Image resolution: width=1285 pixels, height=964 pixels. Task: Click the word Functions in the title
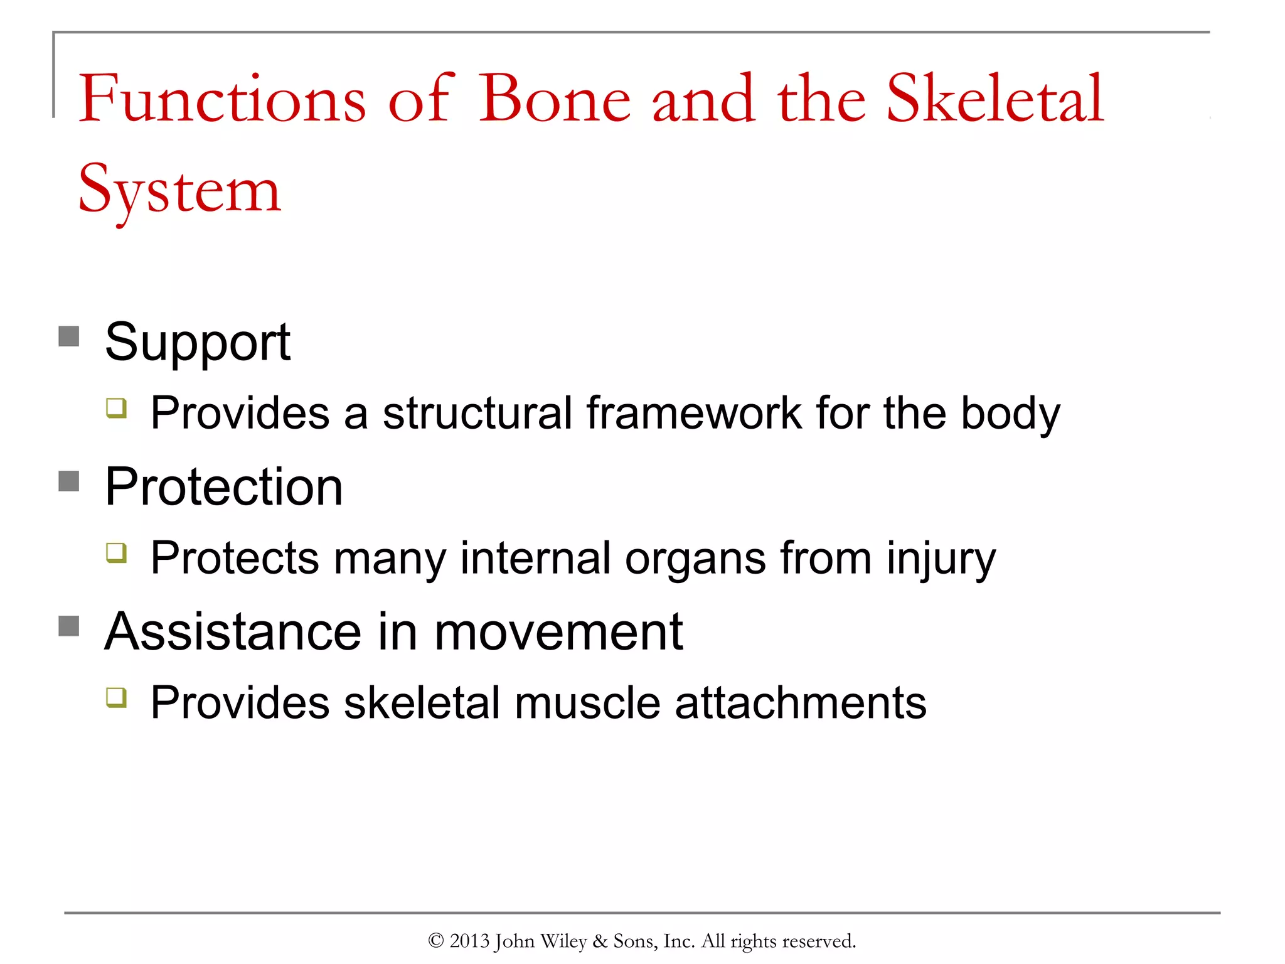221,99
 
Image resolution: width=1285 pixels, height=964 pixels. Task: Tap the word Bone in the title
555,99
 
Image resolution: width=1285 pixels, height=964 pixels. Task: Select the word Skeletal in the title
995,99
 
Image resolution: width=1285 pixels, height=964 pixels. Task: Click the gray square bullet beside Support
69,336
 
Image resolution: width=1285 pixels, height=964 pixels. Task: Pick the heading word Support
197,343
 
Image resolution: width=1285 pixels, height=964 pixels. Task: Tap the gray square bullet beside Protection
69,481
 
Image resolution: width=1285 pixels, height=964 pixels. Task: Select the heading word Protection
223,487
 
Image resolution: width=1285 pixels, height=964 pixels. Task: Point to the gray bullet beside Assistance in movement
69,626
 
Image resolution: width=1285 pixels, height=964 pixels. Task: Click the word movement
558,631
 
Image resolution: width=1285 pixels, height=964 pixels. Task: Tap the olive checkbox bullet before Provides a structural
117,408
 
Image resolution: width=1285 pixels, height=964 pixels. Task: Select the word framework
694,413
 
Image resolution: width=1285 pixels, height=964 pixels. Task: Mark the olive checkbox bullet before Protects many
117,553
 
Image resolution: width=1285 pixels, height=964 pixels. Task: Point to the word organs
695,559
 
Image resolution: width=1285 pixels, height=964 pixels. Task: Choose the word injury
941,559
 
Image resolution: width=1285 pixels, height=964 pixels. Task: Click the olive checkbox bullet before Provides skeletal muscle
117,697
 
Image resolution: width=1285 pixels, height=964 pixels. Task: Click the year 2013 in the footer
469,941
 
